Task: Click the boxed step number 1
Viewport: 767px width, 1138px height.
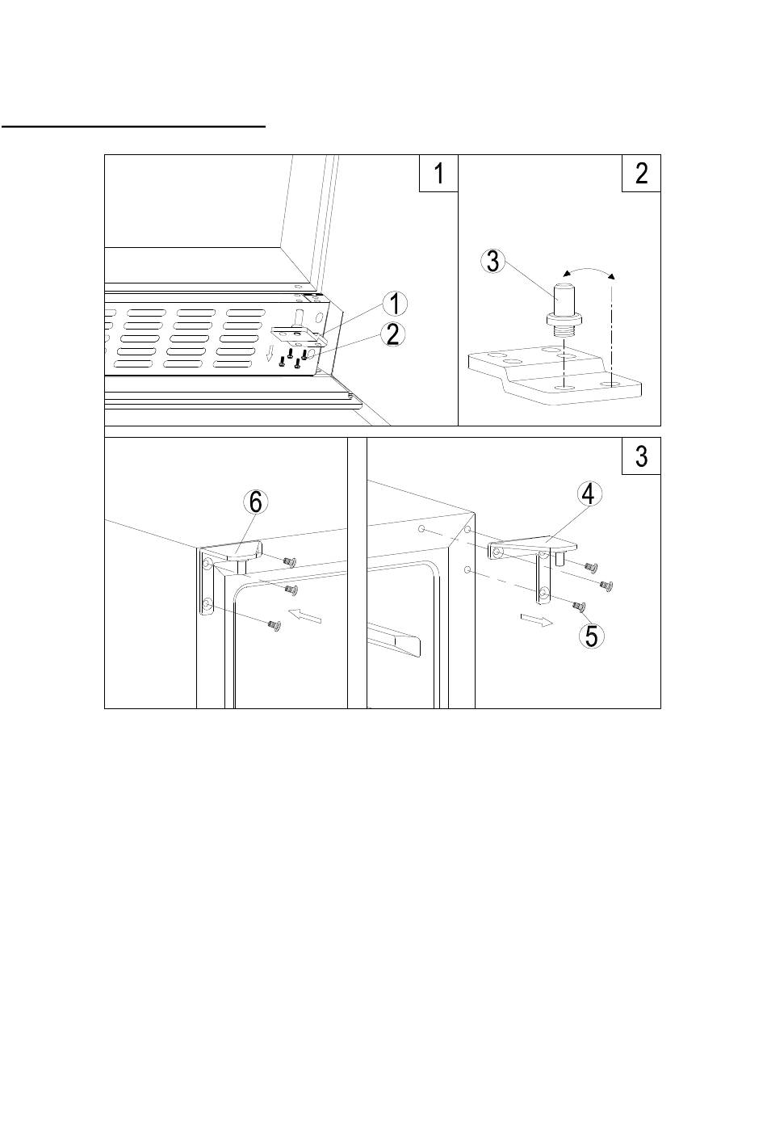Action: (438, 173)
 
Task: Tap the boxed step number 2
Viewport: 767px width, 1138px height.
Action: (642, 173)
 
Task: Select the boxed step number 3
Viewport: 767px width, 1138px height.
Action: (642, 456)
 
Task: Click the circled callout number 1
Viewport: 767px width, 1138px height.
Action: (394, 304)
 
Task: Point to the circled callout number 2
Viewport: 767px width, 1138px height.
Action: (392, 335)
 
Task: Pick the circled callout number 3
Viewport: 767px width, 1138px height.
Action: (493, 262)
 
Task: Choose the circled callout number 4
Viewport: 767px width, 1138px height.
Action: (589, 493)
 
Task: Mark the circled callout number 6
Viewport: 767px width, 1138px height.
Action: (255, 503)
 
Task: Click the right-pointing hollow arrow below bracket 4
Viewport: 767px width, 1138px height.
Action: (537, 619)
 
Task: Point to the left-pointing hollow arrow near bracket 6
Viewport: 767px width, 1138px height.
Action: (304, 615)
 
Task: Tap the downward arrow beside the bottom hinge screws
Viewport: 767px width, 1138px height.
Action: (270, 351)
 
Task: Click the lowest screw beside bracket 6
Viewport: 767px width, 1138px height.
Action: (275, 625)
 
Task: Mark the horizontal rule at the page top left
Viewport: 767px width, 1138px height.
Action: (133, 125)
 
